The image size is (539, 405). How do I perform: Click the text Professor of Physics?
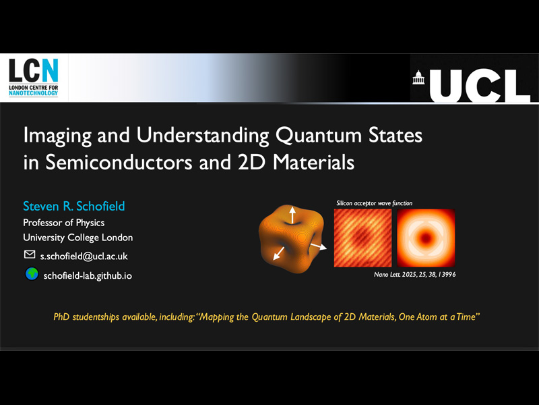tap(64, 223)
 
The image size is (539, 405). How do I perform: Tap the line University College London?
tap(78, 238)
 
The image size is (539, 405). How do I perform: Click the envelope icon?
tap(30, 255)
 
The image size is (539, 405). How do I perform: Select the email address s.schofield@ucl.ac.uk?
tap(84, 256)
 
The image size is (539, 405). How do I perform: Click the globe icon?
tap(31, 274)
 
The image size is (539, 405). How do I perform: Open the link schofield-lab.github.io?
tap(88, 275)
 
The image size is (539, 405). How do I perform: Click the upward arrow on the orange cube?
tap(292, 215)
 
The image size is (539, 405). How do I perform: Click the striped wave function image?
tap(362, 238)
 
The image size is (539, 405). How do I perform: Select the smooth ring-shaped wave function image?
tap(426, 238)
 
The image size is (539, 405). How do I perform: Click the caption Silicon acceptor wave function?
tap(374, 203)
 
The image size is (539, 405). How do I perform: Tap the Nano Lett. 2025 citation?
tap(415, 275)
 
